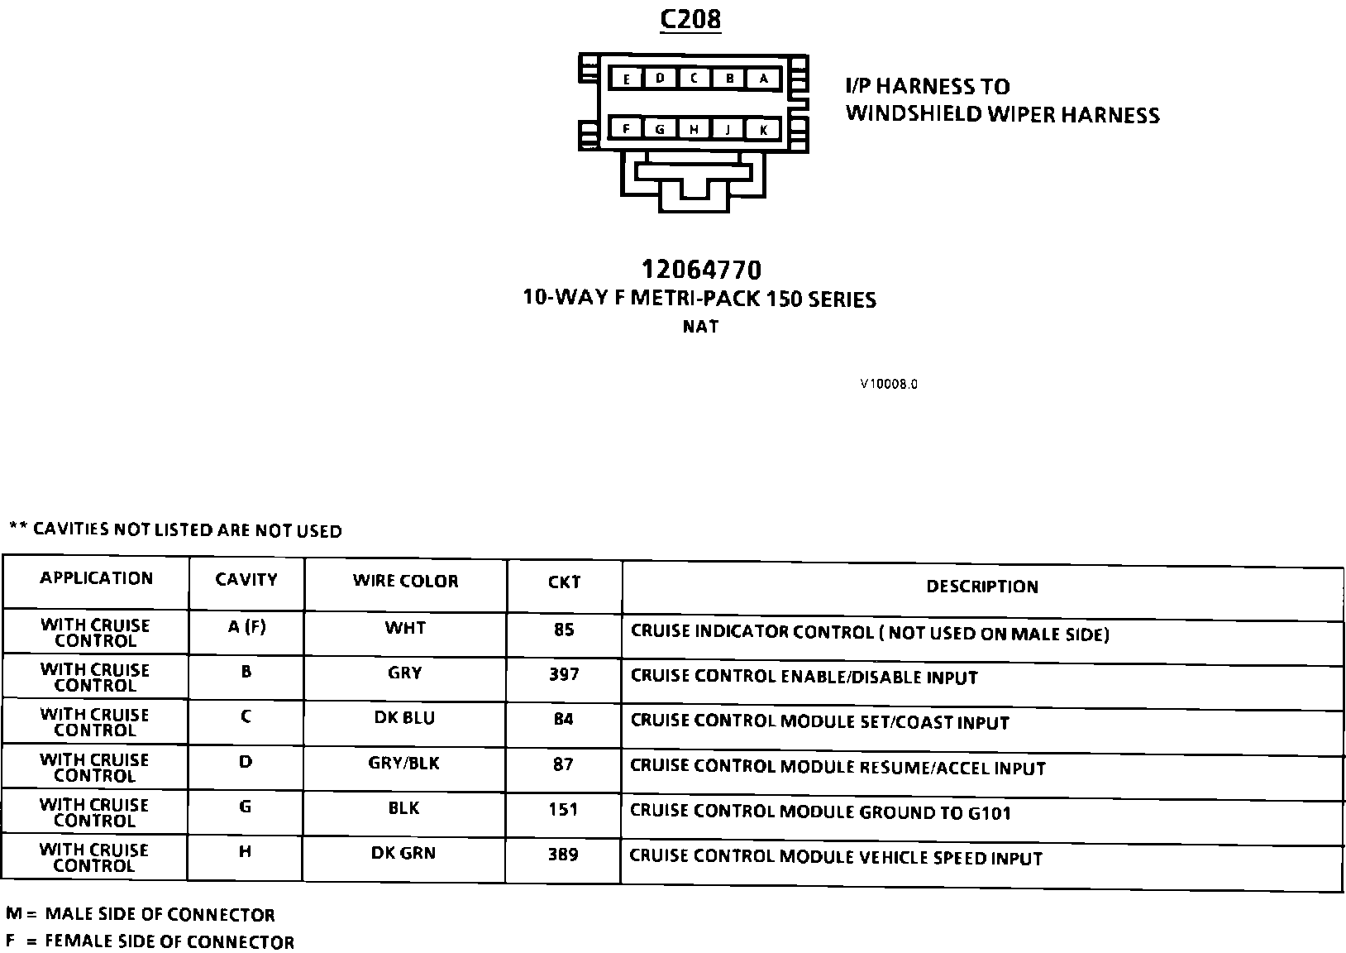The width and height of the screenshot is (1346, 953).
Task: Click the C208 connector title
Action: (x=690, y=19)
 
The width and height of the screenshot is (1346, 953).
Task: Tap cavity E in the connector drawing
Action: (x=627, y=79)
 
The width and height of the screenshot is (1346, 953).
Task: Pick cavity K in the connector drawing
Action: (x=764, y=130)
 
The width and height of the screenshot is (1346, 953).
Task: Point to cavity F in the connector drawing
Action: (x=627, y=129)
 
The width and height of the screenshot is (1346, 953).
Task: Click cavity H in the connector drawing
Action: (x=694, y=130)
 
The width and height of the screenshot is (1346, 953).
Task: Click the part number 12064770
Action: (x=701, y=270)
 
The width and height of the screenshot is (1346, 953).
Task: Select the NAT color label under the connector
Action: (x=700, y=327)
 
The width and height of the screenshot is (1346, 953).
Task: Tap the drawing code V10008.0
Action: (x=889, y=384)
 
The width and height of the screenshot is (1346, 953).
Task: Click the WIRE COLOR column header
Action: (x=405, y=581)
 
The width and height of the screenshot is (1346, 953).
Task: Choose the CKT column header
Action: (x=564, y=582)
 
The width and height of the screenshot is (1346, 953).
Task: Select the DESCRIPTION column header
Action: (x=981, y=587)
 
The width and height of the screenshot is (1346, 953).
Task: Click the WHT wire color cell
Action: (x=405, y=628)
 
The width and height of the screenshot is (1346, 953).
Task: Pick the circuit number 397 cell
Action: (x=564, y=674)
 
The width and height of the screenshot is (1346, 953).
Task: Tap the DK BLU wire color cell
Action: (x=404, y=718)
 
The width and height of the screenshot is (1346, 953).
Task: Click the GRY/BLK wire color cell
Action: (x=403, y=763)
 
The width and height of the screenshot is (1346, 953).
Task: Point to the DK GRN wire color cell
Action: (x=403, y=853)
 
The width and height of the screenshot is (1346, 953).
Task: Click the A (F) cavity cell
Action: (x=246, y=627)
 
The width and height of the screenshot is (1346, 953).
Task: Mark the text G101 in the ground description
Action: (x=989, y=813)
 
